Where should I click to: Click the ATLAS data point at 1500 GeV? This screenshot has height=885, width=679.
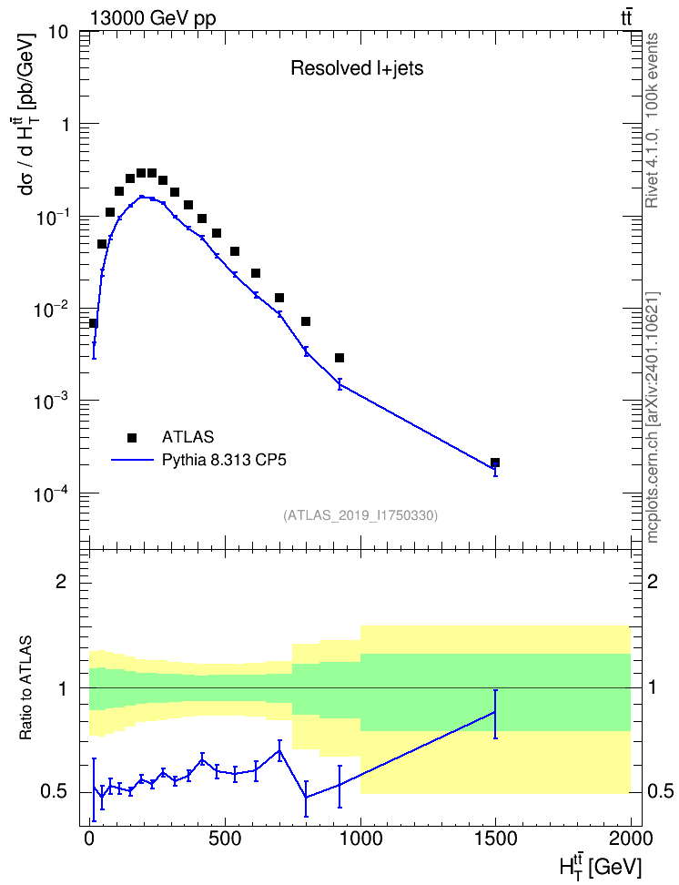(495, 463)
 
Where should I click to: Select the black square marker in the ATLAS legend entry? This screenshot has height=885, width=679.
(132, 437)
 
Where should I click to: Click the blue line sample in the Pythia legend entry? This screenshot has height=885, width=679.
(132, 461)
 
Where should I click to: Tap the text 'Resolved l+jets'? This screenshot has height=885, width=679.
(357, 68)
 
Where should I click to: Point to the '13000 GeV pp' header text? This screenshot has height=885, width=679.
(153, 18)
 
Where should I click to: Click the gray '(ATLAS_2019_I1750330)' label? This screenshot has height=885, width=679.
(360, 514)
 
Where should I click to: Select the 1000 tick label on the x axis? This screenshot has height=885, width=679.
(360, 839)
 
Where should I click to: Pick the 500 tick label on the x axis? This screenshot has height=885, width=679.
(225, 839)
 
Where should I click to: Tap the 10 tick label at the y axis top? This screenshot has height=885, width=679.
(58, 32)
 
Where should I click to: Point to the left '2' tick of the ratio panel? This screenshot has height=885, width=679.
(61, 581)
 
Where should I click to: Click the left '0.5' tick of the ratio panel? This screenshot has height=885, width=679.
(54, 792)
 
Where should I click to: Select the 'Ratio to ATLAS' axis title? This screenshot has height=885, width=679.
(26, 687)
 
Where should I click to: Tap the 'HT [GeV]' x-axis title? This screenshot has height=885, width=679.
(601, 864)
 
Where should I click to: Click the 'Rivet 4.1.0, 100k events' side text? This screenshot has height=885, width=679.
(652, 120)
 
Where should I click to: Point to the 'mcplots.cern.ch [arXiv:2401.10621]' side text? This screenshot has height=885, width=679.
(652, 417)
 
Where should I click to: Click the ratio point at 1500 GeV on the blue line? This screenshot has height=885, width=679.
(495, 712)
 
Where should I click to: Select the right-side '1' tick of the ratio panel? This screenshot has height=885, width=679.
(652, 688)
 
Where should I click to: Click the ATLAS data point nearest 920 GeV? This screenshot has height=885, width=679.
(339, 358)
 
